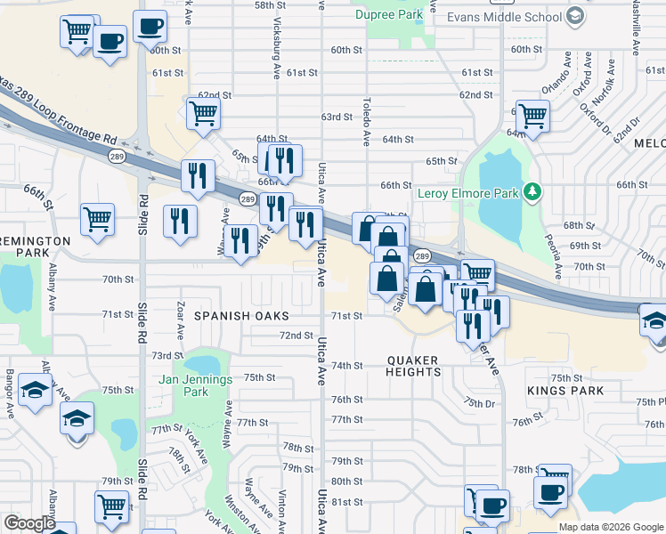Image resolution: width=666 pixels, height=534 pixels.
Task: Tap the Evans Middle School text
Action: (505, 17)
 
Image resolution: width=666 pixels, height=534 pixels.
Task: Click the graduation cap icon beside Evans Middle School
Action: (574, 16)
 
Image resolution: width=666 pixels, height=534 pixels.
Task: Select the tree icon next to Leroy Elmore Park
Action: (532, 191)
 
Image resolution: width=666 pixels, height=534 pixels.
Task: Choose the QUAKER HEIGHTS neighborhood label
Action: (413, 366)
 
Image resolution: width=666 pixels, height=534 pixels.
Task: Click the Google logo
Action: (29, 523)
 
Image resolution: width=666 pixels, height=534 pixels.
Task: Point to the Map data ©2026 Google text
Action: (610, 527)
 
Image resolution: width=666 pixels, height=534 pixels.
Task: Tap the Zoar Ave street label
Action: (180, 320)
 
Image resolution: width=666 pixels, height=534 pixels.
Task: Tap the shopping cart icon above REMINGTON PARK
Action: (97, 218)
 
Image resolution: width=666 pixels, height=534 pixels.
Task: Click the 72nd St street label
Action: (296, 336)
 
